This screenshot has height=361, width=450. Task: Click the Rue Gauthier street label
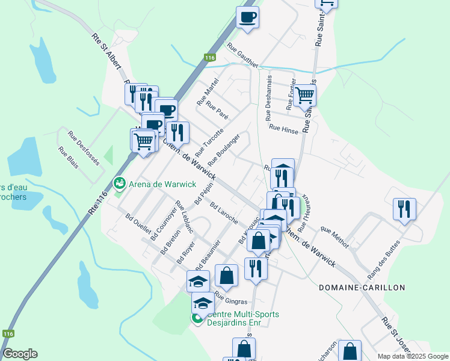click(x=242, y=55)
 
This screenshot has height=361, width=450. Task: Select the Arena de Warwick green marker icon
click(x=119, y=182)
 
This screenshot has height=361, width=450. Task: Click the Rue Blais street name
click(x=68, y=158)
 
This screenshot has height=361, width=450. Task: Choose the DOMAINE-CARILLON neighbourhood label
click(x=362, y=288)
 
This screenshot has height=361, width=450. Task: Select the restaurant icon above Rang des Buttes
click(x=404, y=208)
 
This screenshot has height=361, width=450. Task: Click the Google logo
click(x=20, y=354)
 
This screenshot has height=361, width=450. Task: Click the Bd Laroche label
click(x=224, y=212)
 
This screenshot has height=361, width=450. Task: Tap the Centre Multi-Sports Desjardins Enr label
click(x=239, y=318)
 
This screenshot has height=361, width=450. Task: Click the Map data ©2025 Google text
click(x=412, y=356)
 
